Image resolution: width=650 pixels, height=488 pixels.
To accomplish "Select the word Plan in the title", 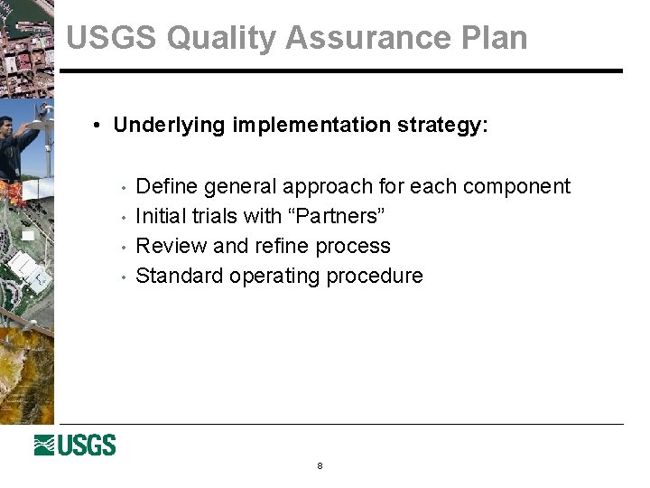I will [494, 38].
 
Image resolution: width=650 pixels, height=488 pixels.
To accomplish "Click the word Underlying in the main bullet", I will [170, 126].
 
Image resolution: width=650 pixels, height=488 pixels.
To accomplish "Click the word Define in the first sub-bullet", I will [167, 187].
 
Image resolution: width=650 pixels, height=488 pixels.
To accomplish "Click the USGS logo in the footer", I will [75, 446].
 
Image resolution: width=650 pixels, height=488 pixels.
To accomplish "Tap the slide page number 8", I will [320, 466].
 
